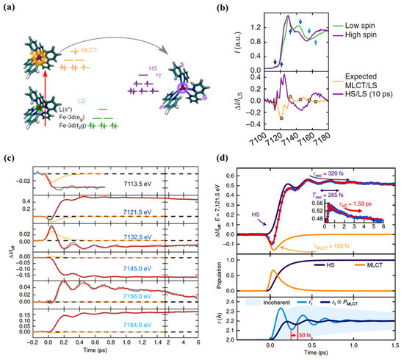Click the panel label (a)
pos(10,7)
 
